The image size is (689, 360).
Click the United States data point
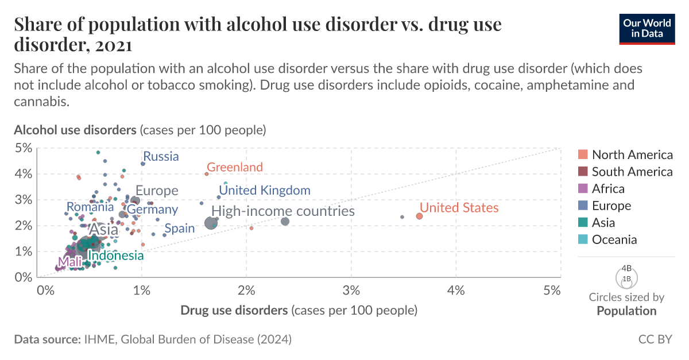pos(419,216)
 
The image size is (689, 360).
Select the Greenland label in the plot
pos(234,167)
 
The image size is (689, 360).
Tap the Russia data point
pos(143,164)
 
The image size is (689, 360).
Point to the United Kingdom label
pos(265,190)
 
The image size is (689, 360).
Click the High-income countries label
pos(282,211)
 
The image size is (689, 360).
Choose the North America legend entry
pos(632,154)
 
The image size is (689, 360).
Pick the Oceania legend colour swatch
pos(583,239)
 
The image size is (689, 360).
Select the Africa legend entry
pos(608,188)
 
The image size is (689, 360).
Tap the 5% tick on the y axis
pos(22,149)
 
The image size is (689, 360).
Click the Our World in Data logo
pos(647,28)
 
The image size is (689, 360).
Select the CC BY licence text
pos(655,339)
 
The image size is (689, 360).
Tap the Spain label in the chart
pos(179,228)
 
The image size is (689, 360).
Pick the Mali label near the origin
pos(69,262)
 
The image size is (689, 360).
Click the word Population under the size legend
pos(626,311)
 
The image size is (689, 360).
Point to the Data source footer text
pos(153,339)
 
